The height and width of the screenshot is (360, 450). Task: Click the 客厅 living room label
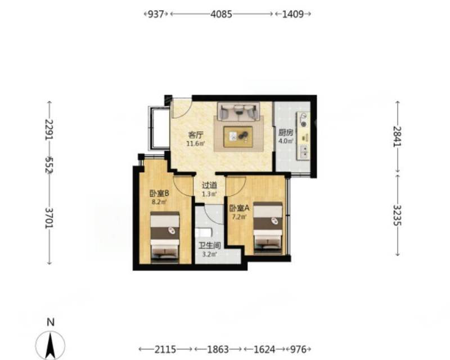click(196, 134)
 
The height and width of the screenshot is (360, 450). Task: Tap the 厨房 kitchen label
click(286, 133)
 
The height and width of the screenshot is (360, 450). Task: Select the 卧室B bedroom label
click(159, 193)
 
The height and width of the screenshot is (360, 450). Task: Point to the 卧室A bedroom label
click(240, 208)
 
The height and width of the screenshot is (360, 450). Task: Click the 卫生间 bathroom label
click(210, 246)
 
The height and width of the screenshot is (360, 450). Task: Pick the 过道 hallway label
click(209, 186)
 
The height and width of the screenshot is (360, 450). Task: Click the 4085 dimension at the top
click(221, 14)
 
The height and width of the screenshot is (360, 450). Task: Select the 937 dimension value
click(156, 14)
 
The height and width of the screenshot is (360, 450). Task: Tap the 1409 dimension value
click(293, 14)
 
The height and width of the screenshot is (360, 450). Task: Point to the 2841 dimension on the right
click(397, 136)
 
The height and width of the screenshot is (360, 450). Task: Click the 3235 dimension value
click(398, 215)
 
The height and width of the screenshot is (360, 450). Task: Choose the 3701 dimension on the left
click(49, 218)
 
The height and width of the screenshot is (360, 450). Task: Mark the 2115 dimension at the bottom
click(165, 349)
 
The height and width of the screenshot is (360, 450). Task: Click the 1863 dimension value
click(218, 349)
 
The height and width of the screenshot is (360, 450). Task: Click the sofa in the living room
click(238, 111)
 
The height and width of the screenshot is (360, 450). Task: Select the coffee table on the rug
click(238, 137)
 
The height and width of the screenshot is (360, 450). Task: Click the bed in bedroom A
click(268, 228)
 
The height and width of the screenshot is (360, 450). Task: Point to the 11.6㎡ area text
click(196, 143)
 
